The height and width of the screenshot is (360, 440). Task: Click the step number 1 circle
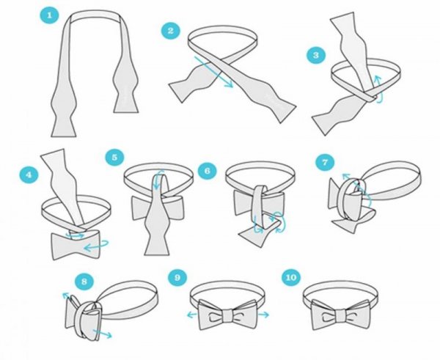coord(49,15)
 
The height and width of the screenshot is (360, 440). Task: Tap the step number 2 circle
coord(171,30)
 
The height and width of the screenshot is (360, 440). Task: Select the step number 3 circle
coord(316,55)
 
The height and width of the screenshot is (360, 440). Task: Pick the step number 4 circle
coord(29,175)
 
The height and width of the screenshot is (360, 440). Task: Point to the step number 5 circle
coord(114,157)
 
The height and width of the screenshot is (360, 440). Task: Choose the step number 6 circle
coord(207,171)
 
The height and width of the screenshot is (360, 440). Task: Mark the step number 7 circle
coord(325,162)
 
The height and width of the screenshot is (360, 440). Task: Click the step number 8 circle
coord(84,281)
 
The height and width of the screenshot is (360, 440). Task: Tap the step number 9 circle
coord(177,277)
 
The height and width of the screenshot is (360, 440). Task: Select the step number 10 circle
coord(291,277)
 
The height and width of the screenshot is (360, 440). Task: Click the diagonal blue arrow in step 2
coord(214,72)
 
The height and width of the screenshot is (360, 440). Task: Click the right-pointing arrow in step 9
coord(263,315)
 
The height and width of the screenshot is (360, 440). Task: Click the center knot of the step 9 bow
coord(228,316)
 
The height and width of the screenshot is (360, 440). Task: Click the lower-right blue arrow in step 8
coord(103,334)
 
